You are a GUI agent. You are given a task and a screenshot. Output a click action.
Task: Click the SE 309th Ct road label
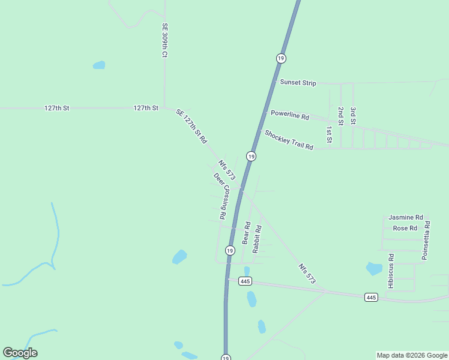click(164, 40)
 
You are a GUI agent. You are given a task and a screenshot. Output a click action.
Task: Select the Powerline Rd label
click(289, 115)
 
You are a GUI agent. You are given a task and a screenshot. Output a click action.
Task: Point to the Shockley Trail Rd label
click(289, 140)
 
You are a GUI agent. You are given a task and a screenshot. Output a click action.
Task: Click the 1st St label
click(329, 134)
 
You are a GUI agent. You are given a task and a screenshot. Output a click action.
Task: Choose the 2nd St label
click(340, 116)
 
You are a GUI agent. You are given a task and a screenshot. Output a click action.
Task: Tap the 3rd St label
click(354, 116)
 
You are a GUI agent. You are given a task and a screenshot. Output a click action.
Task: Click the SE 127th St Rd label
click(191, 126)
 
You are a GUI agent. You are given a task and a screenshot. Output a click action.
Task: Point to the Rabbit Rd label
click(257, 238)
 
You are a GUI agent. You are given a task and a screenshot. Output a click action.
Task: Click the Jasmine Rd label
click(406, 217)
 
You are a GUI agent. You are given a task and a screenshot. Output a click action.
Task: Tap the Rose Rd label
click(405, 229)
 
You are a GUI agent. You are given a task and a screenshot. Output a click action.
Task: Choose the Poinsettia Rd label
click(426, 240)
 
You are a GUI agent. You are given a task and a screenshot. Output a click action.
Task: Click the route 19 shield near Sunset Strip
click(281, 58)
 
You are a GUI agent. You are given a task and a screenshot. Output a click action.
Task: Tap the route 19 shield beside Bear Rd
click(230, 250)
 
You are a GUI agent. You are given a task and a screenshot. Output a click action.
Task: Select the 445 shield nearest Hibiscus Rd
click(371, 298)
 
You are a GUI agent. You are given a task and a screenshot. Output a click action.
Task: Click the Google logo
click(20, 353)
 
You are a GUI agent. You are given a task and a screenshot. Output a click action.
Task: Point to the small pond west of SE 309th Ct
click(98, 65)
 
